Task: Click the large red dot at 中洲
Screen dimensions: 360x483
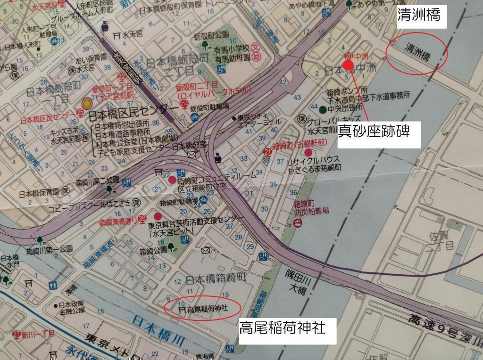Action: (x=349, y=65)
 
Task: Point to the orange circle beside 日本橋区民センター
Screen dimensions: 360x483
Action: (x=87, y=103)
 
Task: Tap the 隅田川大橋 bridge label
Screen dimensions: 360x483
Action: (x=297, y=282)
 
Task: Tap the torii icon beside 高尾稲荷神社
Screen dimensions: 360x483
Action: (x=181, y=310)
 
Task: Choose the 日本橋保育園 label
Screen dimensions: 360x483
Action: (x=40, y=193)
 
